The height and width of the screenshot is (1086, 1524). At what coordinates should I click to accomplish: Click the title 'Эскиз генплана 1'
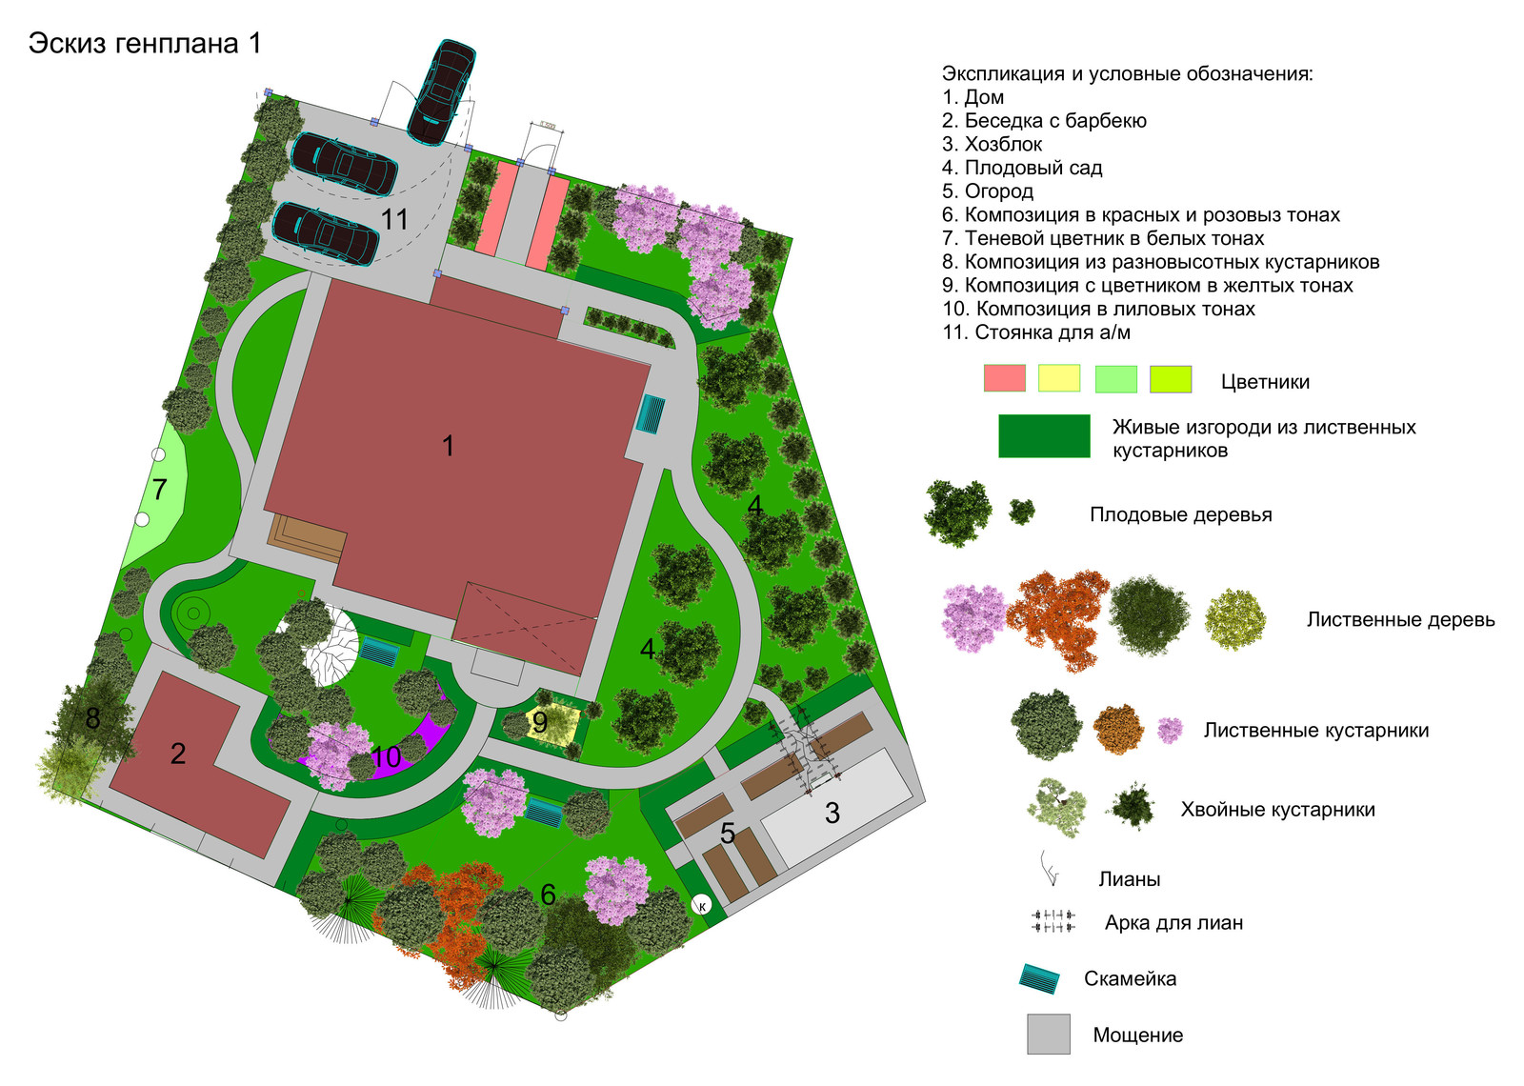pyautogui.click(x=145, y=44)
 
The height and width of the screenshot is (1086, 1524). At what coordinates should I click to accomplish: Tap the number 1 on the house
pyautogui.click(x=448, y=446)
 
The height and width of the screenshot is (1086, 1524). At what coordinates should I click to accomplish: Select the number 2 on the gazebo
pyautogui.click(x=177, y=754)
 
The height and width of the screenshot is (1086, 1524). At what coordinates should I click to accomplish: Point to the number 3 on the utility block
pyautogui.click(x=832, y=814)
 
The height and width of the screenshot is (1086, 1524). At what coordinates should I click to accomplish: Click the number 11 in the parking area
pyautogui.click(x=394, y=219)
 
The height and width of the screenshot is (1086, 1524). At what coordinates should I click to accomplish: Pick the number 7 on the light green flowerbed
pyautogui.click(x=159, y=490)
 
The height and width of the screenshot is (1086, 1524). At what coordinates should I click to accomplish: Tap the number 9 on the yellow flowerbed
pyautogui.click(x=539, y=721)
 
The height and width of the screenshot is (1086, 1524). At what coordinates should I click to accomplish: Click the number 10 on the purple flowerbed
pyautogui.click(x=387, y=756)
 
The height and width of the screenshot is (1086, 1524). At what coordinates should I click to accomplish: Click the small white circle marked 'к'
pyautogui.click(x=701, y=905)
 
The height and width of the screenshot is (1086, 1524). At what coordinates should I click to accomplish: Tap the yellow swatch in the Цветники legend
pyautogui.click(x=1058, y=378)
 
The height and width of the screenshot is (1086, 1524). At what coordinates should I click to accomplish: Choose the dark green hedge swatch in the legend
pyautogui.click(x=1044, y=435)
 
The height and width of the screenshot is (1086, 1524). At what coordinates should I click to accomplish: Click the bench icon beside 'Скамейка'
pyautogui.click(x=1039, y=978)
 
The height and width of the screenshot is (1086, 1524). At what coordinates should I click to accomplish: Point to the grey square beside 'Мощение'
pyautogui.click(x=1049, y=1035)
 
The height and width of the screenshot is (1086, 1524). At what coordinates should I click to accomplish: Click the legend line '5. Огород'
pyautogui.click(x=987, y=191)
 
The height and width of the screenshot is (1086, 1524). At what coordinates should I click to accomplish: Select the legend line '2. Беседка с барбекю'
pyautogui.click(x=1044, y=120)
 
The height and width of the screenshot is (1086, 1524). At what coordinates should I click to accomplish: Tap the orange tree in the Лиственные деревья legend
pyautogui.click(x=1057, y=618)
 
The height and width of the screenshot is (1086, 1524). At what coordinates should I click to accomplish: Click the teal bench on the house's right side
pyautogui.click(x=650, y=413)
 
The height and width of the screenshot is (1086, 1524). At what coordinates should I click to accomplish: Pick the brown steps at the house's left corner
pyautogui.click(x=309, y=537)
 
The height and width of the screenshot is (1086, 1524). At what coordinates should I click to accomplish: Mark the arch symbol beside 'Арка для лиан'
pyautogui.click(x=1053, y=921)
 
